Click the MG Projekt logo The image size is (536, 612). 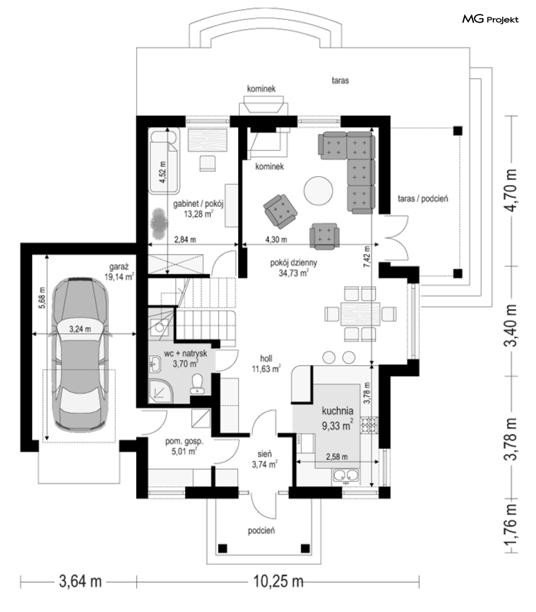click(490, 19)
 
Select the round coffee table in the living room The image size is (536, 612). click(318, 191)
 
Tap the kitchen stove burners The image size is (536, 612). click(369, 426)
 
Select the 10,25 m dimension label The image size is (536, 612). click(279, 581)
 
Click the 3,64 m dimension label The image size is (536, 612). click(80, 581)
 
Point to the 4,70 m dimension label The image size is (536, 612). click(511, 191)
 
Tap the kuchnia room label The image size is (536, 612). click(338, 411)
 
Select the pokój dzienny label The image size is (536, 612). click(294, 263)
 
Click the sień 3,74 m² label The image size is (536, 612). click(264, 459)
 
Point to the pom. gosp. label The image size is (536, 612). click(184, 441)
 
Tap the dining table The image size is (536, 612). click(360, 314)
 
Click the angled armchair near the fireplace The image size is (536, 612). click(280, 211)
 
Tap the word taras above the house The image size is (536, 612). click(340, 80)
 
